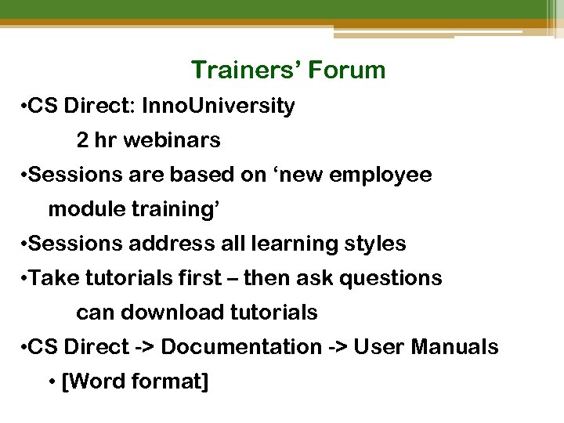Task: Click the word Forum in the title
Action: point(346,70)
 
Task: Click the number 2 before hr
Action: point(82,141)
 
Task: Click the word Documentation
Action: point(241,347)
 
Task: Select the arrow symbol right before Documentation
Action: point(145,348)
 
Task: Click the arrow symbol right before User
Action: point(338,348)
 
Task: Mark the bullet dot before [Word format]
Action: point(52,382)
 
